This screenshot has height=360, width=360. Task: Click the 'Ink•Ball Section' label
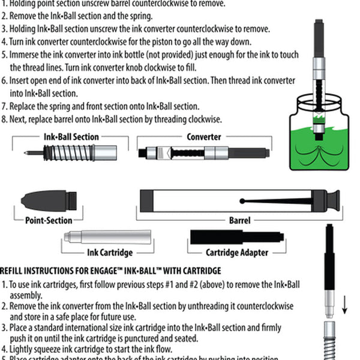coord(71,137)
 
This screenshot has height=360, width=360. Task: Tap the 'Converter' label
coord(203,137)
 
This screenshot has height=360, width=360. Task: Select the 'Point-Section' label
coord(49,220)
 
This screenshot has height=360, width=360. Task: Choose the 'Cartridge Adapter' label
coord(237,253)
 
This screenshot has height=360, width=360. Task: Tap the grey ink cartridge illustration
coord(108,236)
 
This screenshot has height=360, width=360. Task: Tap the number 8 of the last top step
coord(4,119)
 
